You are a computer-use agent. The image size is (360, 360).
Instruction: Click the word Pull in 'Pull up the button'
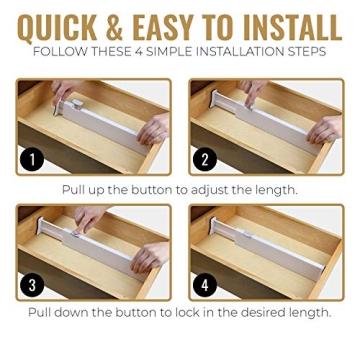(x=77, y=189)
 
